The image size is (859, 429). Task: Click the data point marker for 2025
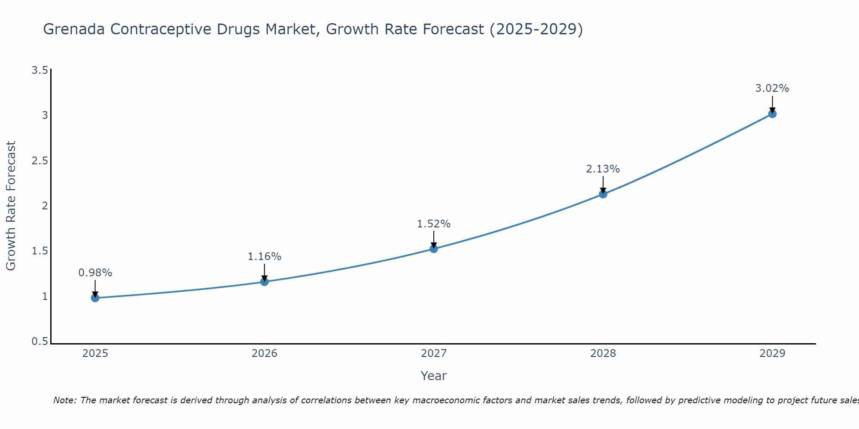pyautogui.click(x=95, y=298)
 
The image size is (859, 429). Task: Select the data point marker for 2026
pyautogui.click(x=265, y=282)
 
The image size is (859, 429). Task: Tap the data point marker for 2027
pyautogui.click(x=434, y=249)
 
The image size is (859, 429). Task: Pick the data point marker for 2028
pyautogui.click(x=603, y=194)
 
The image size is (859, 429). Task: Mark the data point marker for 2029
pyautogui.click(x=772, y=114)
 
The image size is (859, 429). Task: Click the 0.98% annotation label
pyautogui.click(x=95, y=273)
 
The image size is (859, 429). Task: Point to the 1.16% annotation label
pyautogui.click(x=265, y=257)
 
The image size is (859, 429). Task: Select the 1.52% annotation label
pyautogui.click(x=434, y=224)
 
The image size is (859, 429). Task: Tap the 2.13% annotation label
pyautogui.click(x=603, y=169)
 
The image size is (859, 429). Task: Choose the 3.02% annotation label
pyautogui.click(x=772, y=88)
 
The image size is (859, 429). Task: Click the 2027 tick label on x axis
pyautogui.click(x=434, y=353)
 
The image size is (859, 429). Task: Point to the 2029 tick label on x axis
pyautogui.click(x=772, y=353)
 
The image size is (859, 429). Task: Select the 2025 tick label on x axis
pyautogui.click(x=95, y=353)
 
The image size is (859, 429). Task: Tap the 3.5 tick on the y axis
pyautogui.click(x=40, y=70)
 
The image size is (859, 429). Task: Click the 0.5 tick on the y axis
pyautogui.click(x=40, y=341)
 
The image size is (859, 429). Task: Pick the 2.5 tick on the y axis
pyautogui.click(x=40, y=161)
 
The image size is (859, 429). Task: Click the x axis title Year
pyautogui.click(x=434, y=376)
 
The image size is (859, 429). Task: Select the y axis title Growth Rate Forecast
pyautogui.click(x=11, y=206)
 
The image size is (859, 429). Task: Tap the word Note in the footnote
pyautogui.click(x=64, y=400)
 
